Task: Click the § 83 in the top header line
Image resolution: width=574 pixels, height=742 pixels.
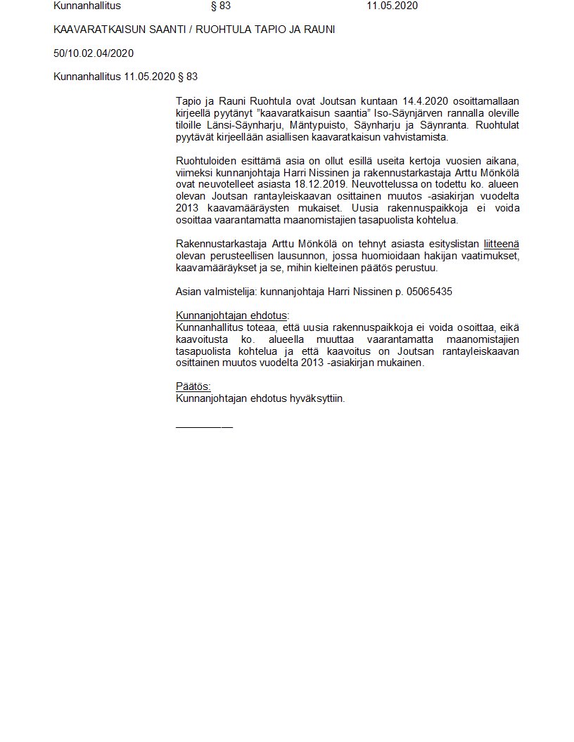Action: coord(220,6)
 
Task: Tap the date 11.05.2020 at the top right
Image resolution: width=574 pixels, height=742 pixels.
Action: coord(392,6)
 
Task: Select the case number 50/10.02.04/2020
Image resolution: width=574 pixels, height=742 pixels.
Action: coord(94,53)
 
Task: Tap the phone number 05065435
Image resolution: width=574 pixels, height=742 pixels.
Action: coord(429,292)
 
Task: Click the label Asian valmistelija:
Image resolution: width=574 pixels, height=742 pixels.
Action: coord(215,292)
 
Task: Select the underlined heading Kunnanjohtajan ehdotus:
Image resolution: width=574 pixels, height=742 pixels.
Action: coord(233,315)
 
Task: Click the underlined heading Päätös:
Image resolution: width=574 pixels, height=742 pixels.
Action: coord(193,386)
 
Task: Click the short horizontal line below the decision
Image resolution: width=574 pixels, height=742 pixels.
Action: coord(204,427)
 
